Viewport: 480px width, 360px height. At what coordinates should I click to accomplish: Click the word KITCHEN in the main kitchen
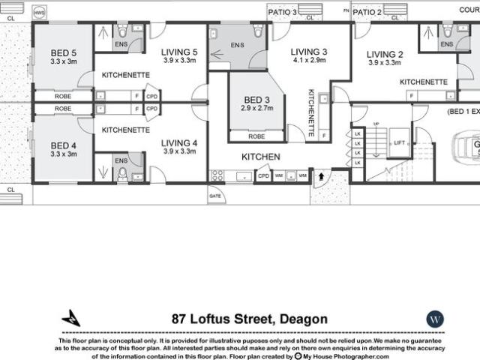click(x=260, y=157)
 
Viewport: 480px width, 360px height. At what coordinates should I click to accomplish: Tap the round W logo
click(x=435, y=319)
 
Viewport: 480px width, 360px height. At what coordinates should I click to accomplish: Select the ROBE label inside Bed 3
click(x=256, y=136)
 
